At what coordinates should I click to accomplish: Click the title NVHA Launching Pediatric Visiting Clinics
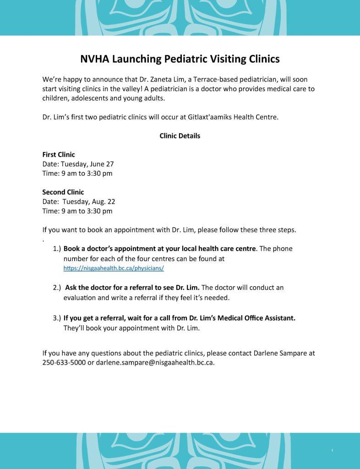180,59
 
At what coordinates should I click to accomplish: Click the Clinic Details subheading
180,136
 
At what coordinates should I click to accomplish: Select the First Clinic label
59,155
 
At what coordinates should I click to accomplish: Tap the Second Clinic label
63,192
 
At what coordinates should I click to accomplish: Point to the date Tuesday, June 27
89,164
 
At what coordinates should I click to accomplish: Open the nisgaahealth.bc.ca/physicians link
113,268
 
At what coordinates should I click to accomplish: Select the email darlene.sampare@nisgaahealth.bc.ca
155,363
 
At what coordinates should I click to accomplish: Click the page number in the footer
331,451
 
